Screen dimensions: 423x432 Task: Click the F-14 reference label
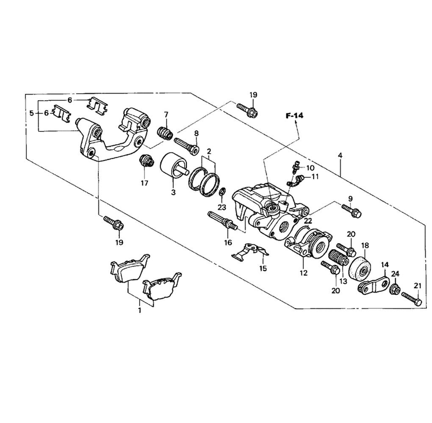click(294, 115)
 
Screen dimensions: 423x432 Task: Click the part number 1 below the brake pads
click(139, 310)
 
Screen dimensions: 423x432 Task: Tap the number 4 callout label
click(340, 155)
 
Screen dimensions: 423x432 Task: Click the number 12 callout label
click(303, 273)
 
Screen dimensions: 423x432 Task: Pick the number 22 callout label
click(308, 221)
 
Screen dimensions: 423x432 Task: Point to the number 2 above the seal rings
click(209, 151)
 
